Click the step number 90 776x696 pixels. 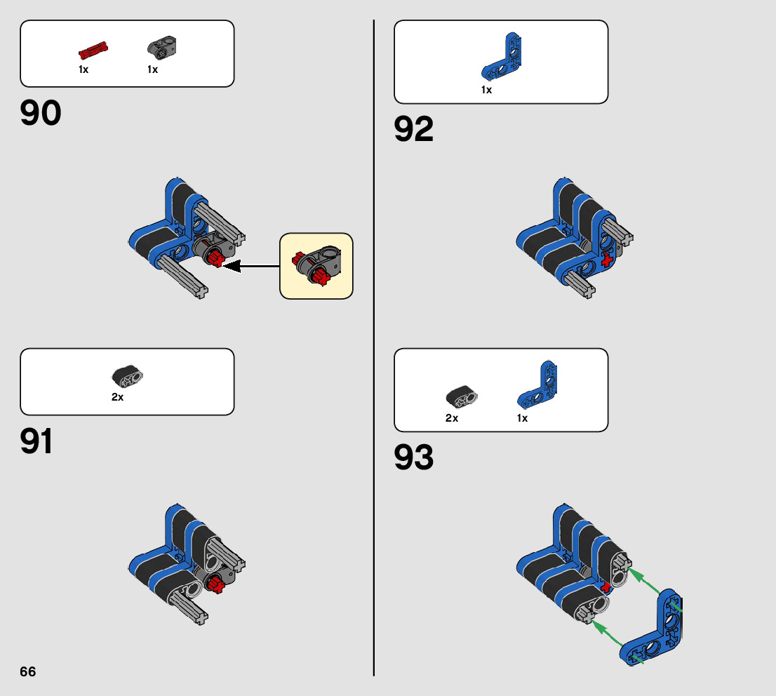[41, 114]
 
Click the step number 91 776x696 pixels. [37, 442]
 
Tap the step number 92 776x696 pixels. [414, 130]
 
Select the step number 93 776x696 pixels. [414, 458]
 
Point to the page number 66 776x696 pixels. [27, 671]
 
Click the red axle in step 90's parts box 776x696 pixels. [93, 51]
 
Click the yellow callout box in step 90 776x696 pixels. [316, 266]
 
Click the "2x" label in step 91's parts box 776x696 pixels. [117, 397]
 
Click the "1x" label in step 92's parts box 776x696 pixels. [486, 90]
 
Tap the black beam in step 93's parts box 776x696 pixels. [462, 396]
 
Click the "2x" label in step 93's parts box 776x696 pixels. [451, 418]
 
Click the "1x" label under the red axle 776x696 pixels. [83, 69]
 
